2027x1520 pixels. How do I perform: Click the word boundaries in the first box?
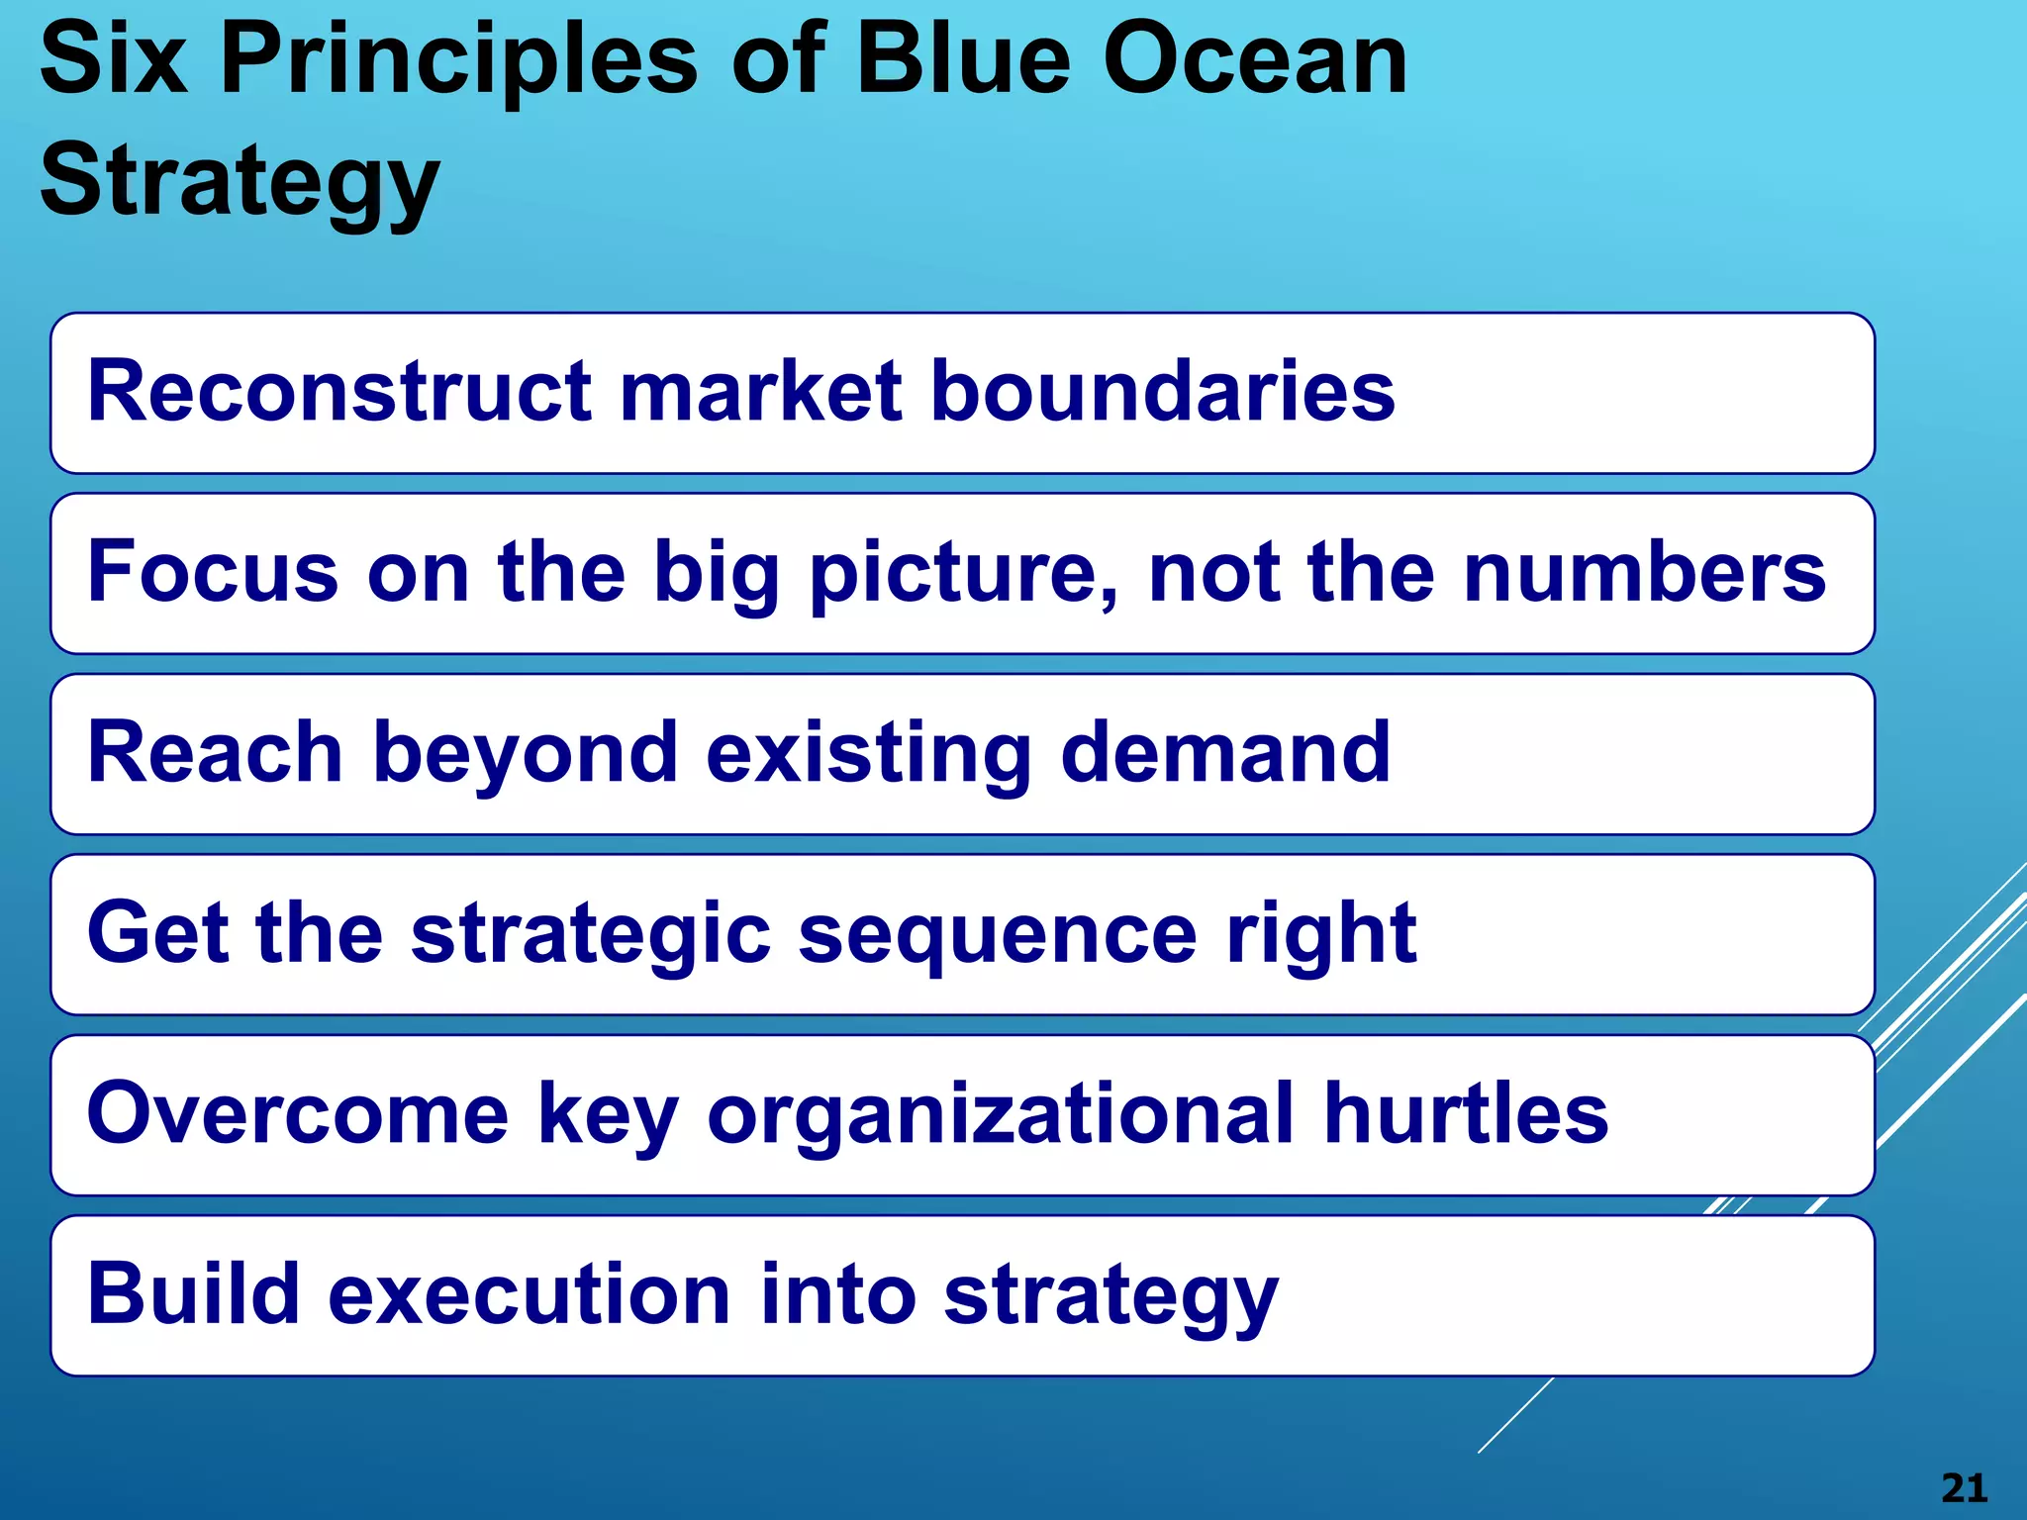click(x=1163, y=391)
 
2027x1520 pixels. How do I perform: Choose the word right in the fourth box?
click(x=1320, y=936)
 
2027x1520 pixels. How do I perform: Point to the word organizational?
click(x=1000, y=1116)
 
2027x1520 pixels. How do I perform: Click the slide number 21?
click(x=1964, y=1488)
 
